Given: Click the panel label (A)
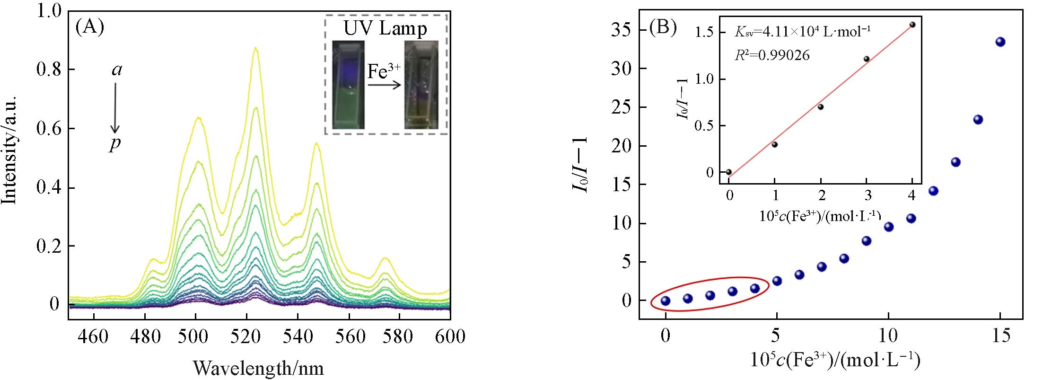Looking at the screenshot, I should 89,28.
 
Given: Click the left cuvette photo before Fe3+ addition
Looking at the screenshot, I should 349,84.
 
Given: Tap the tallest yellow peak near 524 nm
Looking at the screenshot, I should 256,48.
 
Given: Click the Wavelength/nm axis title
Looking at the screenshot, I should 258,368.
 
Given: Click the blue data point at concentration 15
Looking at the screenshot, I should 1000,42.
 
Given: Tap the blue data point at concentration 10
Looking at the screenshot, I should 889,227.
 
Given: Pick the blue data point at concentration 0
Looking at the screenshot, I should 666,300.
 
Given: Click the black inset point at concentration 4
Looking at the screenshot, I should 912,25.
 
